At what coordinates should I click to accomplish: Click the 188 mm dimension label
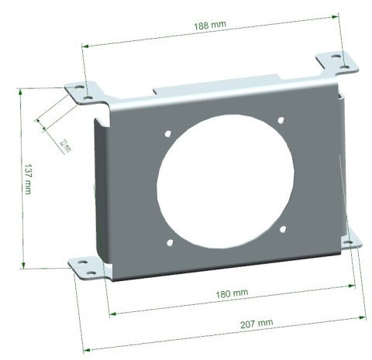tap(210, 26)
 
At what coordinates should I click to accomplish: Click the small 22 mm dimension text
tap(64, 144)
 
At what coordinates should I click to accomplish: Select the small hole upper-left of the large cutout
tap(167, 134)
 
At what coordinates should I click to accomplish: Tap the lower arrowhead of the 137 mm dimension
tap(23, 266)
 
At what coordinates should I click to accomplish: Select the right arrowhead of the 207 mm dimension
tap(364, 315)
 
